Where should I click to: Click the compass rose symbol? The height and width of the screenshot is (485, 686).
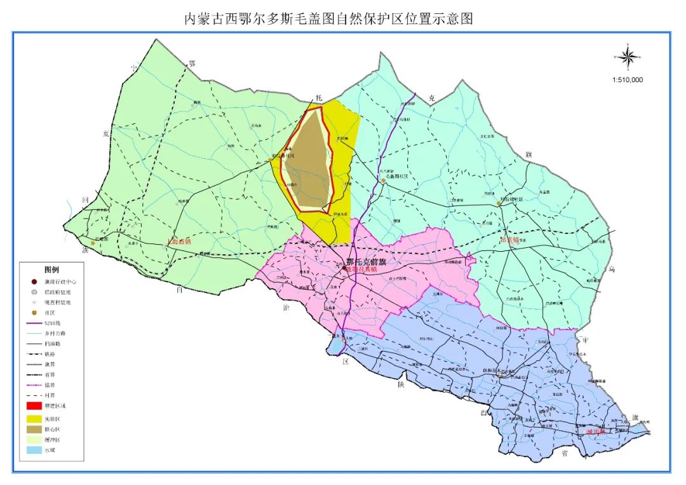pyautogui.click(x=629, y=58)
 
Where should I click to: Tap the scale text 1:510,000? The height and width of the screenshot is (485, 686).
pyautogui.click(x=628, y=80)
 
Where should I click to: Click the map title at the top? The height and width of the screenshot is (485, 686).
pyautogui.click(x=328, y=18)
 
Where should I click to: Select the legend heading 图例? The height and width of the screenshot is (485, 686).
pyautogui.click(x=51, y=270)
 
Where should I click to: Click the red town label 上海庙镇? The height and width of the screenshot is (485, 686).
pyautogui.click(x=178, y=242)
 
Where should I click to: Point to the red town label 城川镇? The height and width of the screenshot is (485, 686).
pyautogui.click(x=591, y=432)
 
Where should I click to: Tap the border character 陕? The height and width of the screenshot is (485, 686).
pyautogui.click(x=400, y=385)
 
